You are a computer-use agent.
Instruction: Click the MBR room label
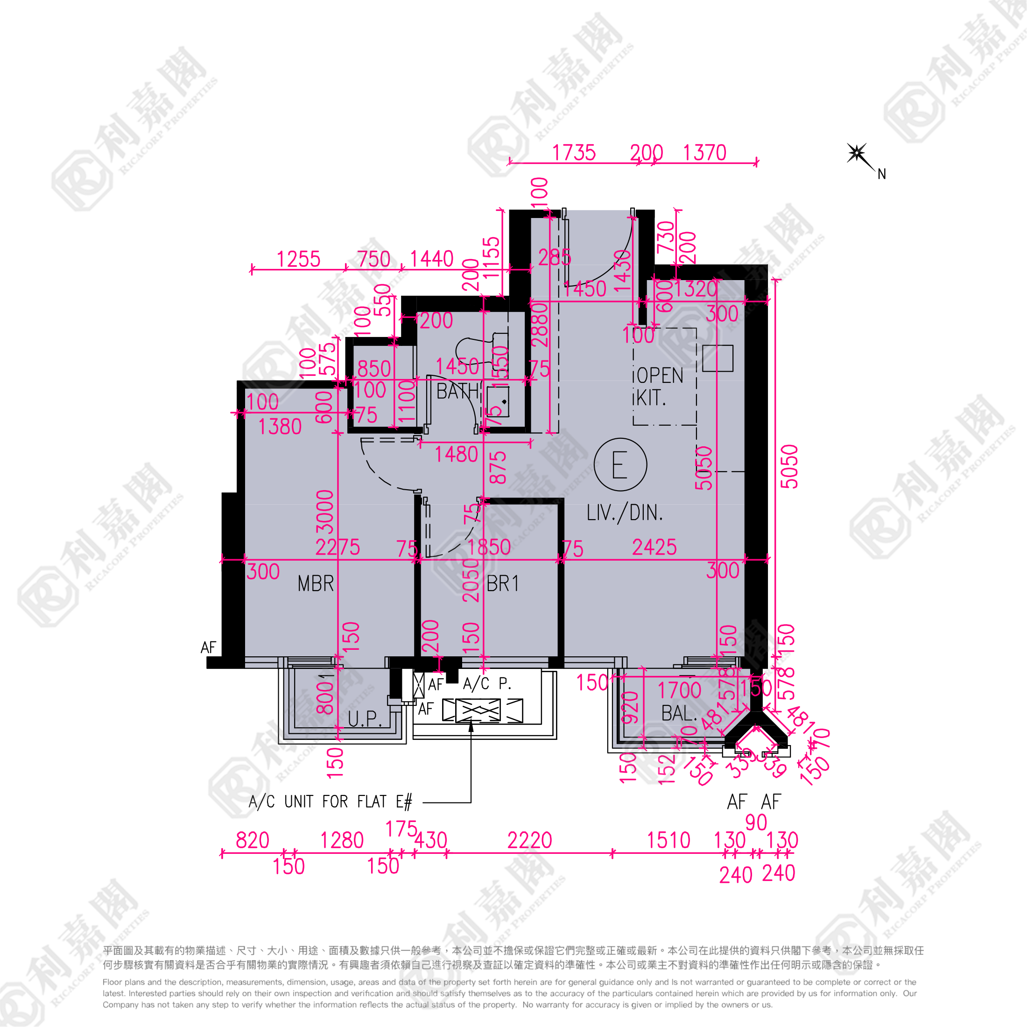(316, 584)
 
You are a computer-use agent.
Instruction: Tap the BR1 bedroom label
(502, 584)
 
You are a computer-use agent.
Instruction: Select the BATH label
(457, 392)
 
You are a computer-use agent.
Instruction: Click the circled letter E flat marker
(620, 464)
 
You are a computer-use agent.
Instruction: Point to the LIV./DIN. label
(625, 513)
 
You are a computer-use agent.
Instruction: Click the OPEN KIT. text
(659, 387)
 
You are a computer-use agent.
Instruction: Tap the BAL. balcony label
(679, 713)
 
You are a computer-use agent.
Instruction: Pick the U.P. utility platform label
(365, 719)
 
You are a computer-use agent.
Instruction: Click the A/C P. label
(487, 683)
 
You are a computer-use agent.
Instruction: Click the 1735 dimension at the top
(574, 153)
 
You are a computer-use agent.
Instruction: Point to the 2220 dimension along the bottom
(529, 840)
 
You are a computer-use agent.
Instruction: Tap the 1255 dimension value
(298, 260)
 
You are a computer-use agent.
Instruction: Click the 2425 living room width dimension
(654, 548)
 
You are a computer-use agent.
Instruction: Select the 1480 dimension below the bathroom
(456, 455)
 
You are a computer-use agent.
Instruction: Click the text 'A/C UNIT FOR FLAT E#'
(330, 802)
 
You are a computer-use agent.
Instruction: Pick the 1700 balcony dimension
(679, 690)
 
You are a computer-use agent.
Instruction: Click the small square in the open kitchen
(717, 358)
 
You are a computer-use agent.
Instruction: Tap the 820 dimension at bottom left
(253, 840)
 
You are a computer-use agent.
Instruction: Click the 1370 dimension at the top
(704, 153)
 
